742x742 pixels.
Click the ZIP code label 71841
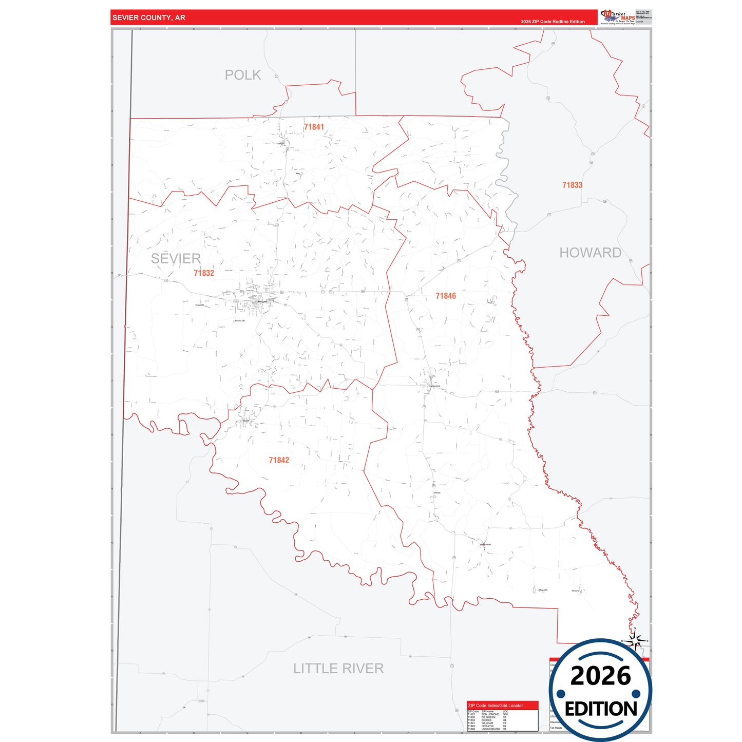314,127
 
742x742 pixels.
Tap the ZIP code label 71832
204,273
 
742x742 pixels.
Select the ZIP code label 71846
446,296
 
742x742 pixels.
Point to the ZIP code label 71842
279,460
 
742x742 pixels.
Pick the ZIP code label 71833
572,185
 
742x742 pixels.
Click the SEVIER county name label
176,258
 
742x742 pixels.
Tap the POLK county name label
243,75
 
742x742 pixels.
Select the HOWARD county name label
590,253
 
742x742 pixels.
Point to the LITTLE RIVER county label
338,668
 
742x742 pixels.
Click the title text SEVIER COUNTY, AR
149,17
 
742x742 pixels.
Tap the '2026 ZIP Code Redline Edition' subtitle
553,22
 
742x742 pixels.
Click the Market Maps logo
618,17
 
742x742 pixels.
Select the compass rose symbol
635,641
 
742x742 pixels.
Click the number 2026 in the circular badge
600,676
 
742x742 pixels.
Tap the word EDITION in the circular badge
601,709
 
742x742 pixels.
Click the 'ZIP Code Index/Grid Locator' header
496,706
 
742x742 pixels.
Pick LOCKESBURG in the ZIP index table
490,729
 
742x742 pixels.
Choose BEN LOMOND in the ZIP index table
490,714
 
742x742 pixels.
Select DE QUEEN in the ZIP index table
488,717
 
